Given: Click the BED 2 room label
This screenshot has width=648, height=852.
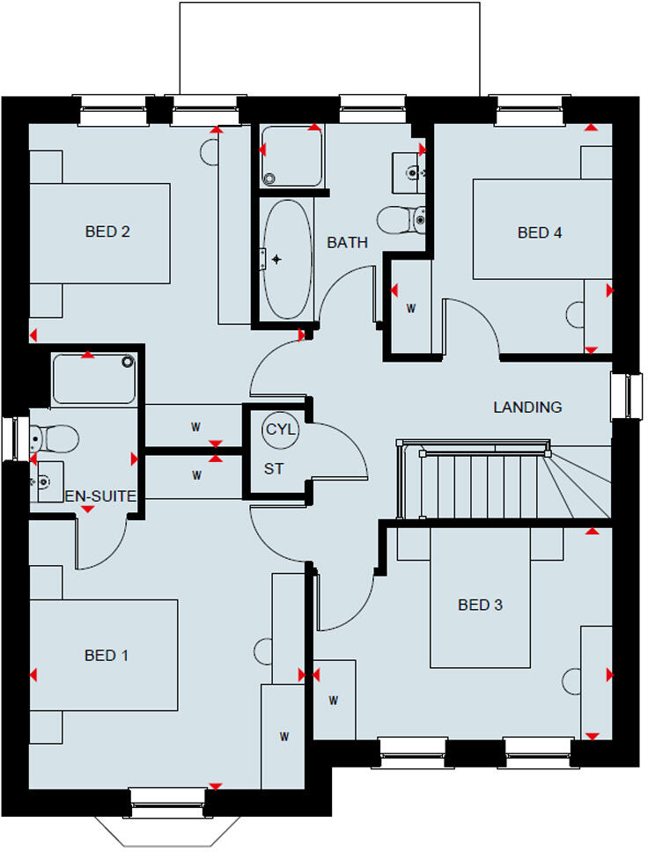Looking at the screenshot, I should click(107, 232).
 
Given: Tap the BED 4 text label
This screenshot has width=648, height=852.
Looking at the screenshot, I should click(539, 233).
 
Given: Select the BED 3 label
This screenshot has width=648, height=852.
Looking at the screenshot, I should click(480, 605).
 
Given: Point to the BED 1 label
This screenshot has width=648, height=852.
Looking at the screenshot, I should click(107, 655).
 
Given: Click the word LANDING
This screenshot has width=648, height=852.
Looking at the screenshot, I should click(527, 408).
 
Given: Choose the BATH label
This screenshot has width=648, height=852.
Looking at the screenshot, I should click(347, 243).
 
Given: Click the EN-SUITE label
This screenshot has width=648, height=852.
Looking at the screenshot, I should click(101, 496).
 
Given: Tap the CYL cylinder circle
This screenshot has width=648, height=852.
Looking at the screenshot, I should click(281, 430).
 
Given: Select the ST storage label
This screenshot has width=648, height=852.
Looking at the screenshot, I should click(274, 469).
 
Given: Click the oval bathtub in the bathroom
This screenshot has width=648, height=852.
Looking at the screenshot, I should click(287, 260).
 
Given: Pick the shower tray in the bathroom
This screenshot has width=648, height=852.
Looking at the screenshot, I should click(291, 155).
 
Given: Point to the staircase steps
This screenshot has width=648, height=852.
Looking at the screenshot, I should click(484, 481).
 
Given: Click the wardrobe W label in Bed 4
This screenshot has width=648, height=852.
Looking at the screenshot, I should click(410, 309).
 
